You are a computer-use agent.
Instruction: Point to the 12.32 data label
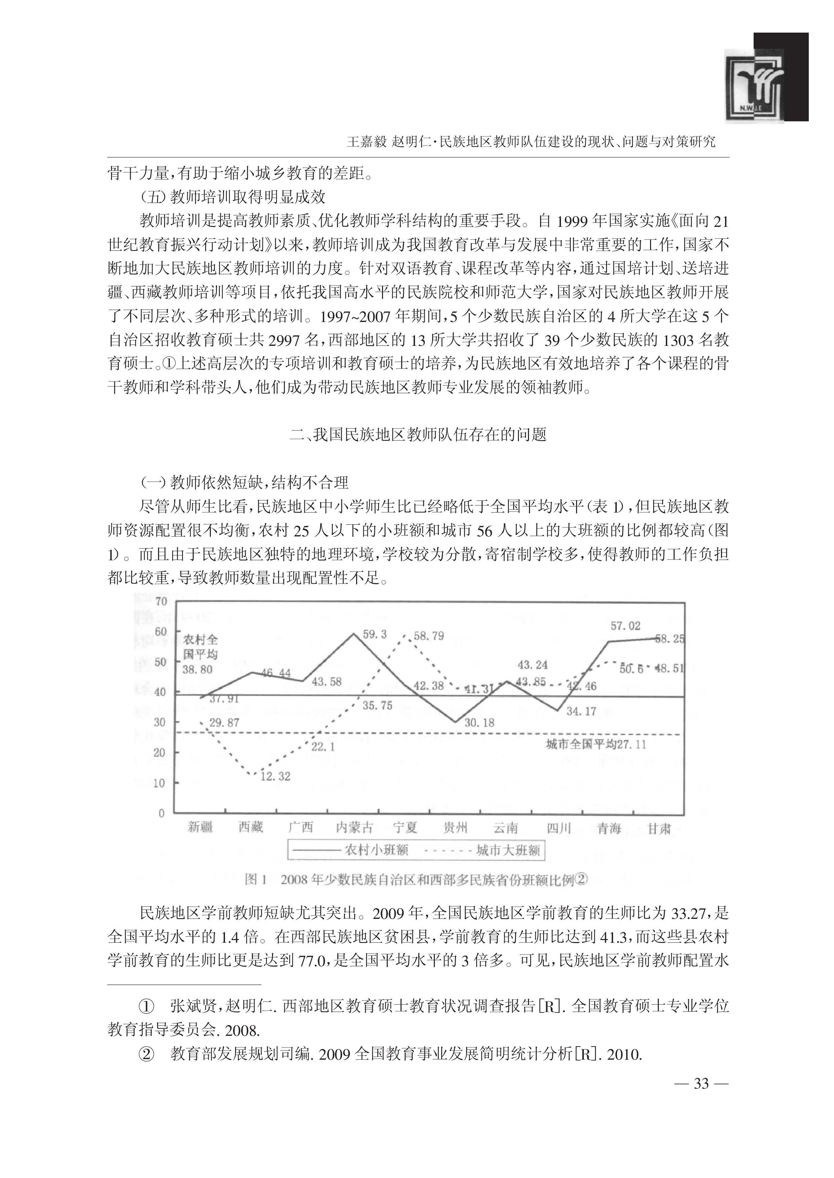[x=275, y=776]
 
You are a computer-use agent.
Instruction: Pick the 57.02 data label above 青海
[x=625, y=626]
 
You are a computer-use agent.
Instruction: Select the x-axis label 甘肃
[x=659, y=827]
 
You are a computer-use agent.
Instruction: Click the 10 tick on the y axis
[x=160, y=783]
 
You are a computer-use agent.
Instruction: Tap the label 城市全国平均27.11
[x=596, y=744]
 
